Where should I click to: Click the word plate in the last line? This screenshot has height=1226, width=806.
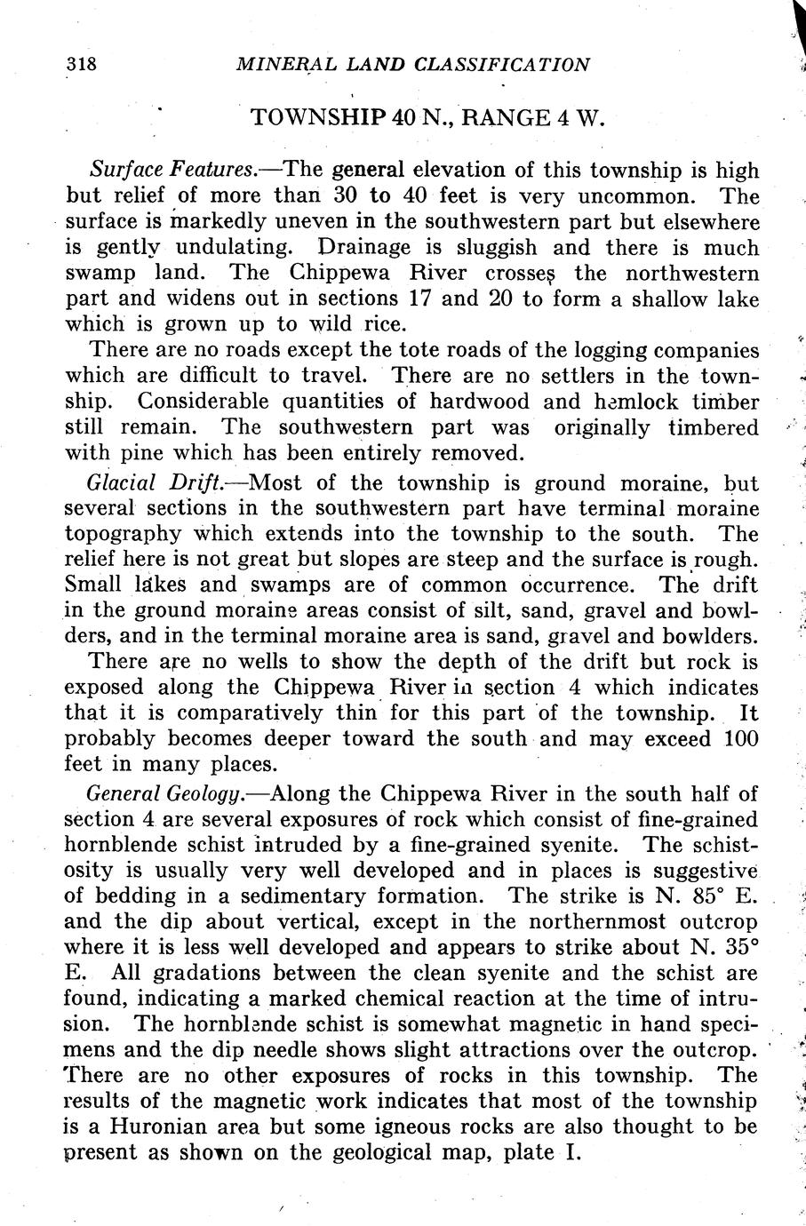coord(528,1154)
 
